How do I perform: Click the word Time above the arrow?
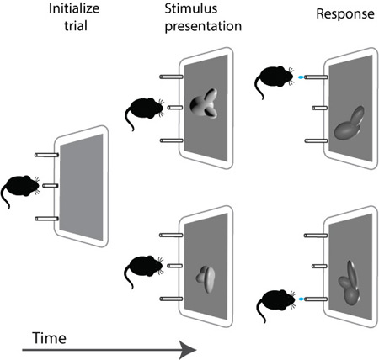click(50, 338)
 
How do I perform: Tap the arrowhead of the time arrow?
click(188, 350)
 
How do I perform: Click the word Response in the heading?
click(345, 13)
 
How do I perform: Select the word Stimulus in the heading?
click(191, 8)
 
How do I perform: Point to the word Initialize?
click(74, 8)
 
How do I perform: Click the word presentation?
click(203, 26)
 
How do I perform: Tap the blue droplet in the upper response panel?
click(301, 77)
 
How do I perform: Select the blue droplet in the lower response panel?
click(302, 299)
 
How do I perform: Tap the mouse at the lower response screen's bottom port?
click(275, 304)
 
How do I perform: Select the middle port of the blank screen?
click(51, 186)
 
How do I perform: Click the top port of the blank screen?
click(46, 155)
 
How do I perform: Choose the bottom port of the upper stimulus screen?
click(172, 140)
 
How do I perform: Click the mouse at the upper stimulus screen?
click(144, 111)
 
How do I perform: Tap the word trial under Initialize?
click(76, 26)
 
